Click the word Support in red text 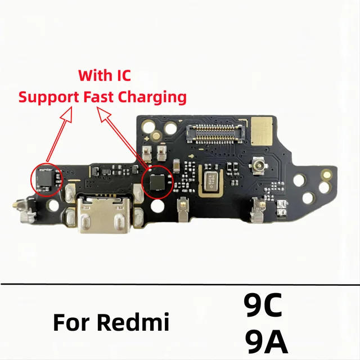48,96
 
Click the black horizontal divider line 180,283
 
